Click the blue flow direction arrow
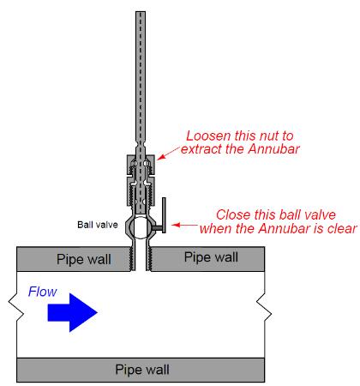(x=73, y=312)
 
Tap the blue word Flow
(x=42, y=292)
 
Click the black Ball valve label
(x=98, y=225)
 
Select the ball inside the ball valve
(x=141, y=227)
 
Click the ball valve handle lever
(x=164, y=215)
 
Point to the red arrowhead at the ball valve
(x=176, y=225)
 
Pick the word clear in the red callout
(x=342, y=228)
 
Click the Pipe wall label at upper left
(x=84, y=259)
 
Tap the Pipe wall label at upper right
(x=211, y=257)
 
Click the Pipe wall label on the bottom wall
(x=142, y=370)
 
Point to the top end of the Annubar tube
(x=141, y=12)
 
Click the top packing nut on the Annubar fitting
(x=141, y=165)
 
